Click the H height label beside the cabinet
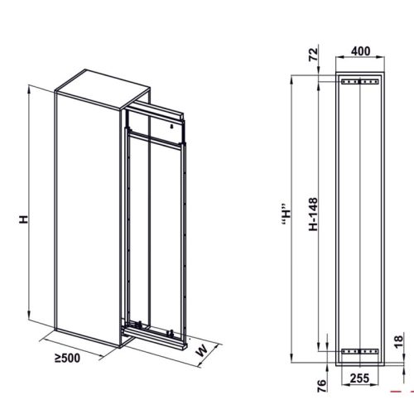(25, 219)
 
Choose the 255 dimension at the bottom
(359, 378)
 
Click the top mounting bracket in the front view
(359, 82)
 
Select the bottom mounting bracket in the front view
(359, 349)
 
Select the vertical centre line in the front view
(359, 215)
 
